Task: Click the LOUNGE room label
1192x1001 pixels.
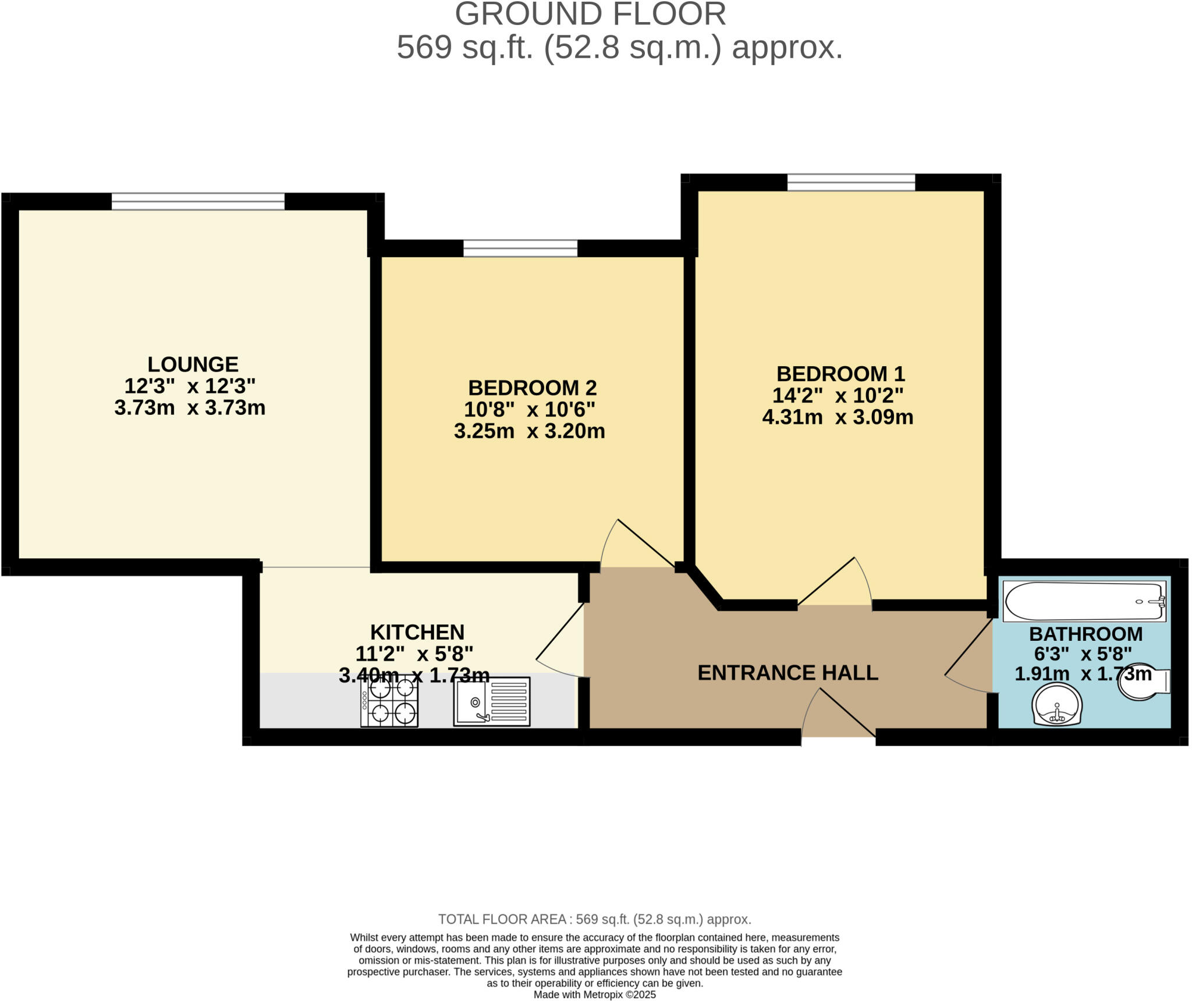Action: pyautogui.click(x=193, y=364)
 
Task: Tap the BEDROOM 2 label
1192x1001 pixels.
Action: pyautogui.click(x=532, y=388)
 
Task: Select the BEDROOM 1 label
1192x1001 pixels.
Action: pyautogui.click(x=840, y=373)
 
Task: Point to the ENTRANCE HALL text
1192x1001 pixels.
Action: pyautogui.click(x=787, y=673)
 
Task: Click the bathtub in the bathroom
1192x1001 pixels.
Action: pyautogui.click(x=1084, y=602)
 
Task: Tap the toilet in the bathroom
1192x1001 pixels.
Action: pyautogui.click(x=1143, y=682)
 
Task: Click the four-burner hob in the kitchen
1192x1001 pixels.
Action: pyautogui.click(x=389, y=701)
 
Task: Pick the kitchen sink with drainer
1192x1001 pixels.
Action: pyautogui.click(x=492, y=701)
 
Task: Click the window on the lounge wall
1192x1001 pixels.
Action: pyautogui.click(x=198, y=201)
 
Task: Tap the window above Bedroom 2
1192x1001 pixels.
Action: pyautogui.click(x=520, y=249)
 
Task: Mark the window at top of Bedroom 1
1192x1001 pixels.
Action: pyautogui.click(x=851, y=182)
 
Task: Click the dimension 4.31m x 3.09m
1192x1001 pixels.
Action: pyautogui.click(x=838, y=417)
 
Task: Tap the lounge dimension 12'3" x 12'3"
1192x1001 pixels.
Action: pyautogui.click(x=190, y=386)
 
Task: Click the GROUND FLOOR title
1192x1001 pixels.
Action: pyautogui.click(x=590, y=14)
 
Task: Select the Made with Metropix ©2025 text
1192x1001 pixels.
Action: pyautogui.click(x=594, y=995)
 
